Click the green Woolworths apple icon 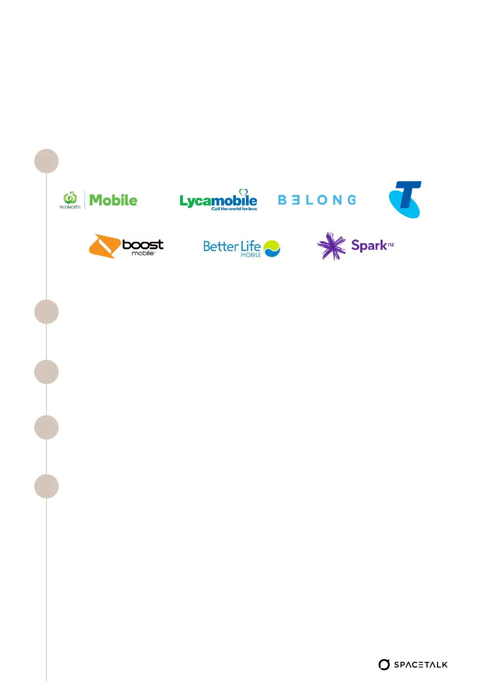coord(70,197)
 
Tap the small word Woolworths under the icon coord(70,207)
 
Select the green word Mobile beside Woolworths coord(113,200)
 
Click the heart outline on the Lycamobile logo coord(243,192)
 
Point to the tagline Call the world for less coord(234,209)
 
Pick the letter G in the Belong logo coord(352,200)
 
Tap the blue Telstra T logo coord(405,199)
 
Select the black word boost coord(143,245)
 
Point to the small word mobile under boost coord(143,254)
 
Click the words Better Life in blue coord(231,246)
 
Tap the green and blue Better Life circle coord(272,248)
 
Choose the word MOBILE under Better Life coord(251,255)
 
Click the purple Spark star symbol coord(331,246)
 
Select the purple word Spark coord(369,245)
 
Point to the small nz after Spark coord(391,244)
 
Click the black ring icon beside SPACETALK coord(384,664)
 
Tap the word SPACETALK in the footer coord(421,665)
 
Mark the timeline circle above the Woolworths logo coord(46,161)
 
